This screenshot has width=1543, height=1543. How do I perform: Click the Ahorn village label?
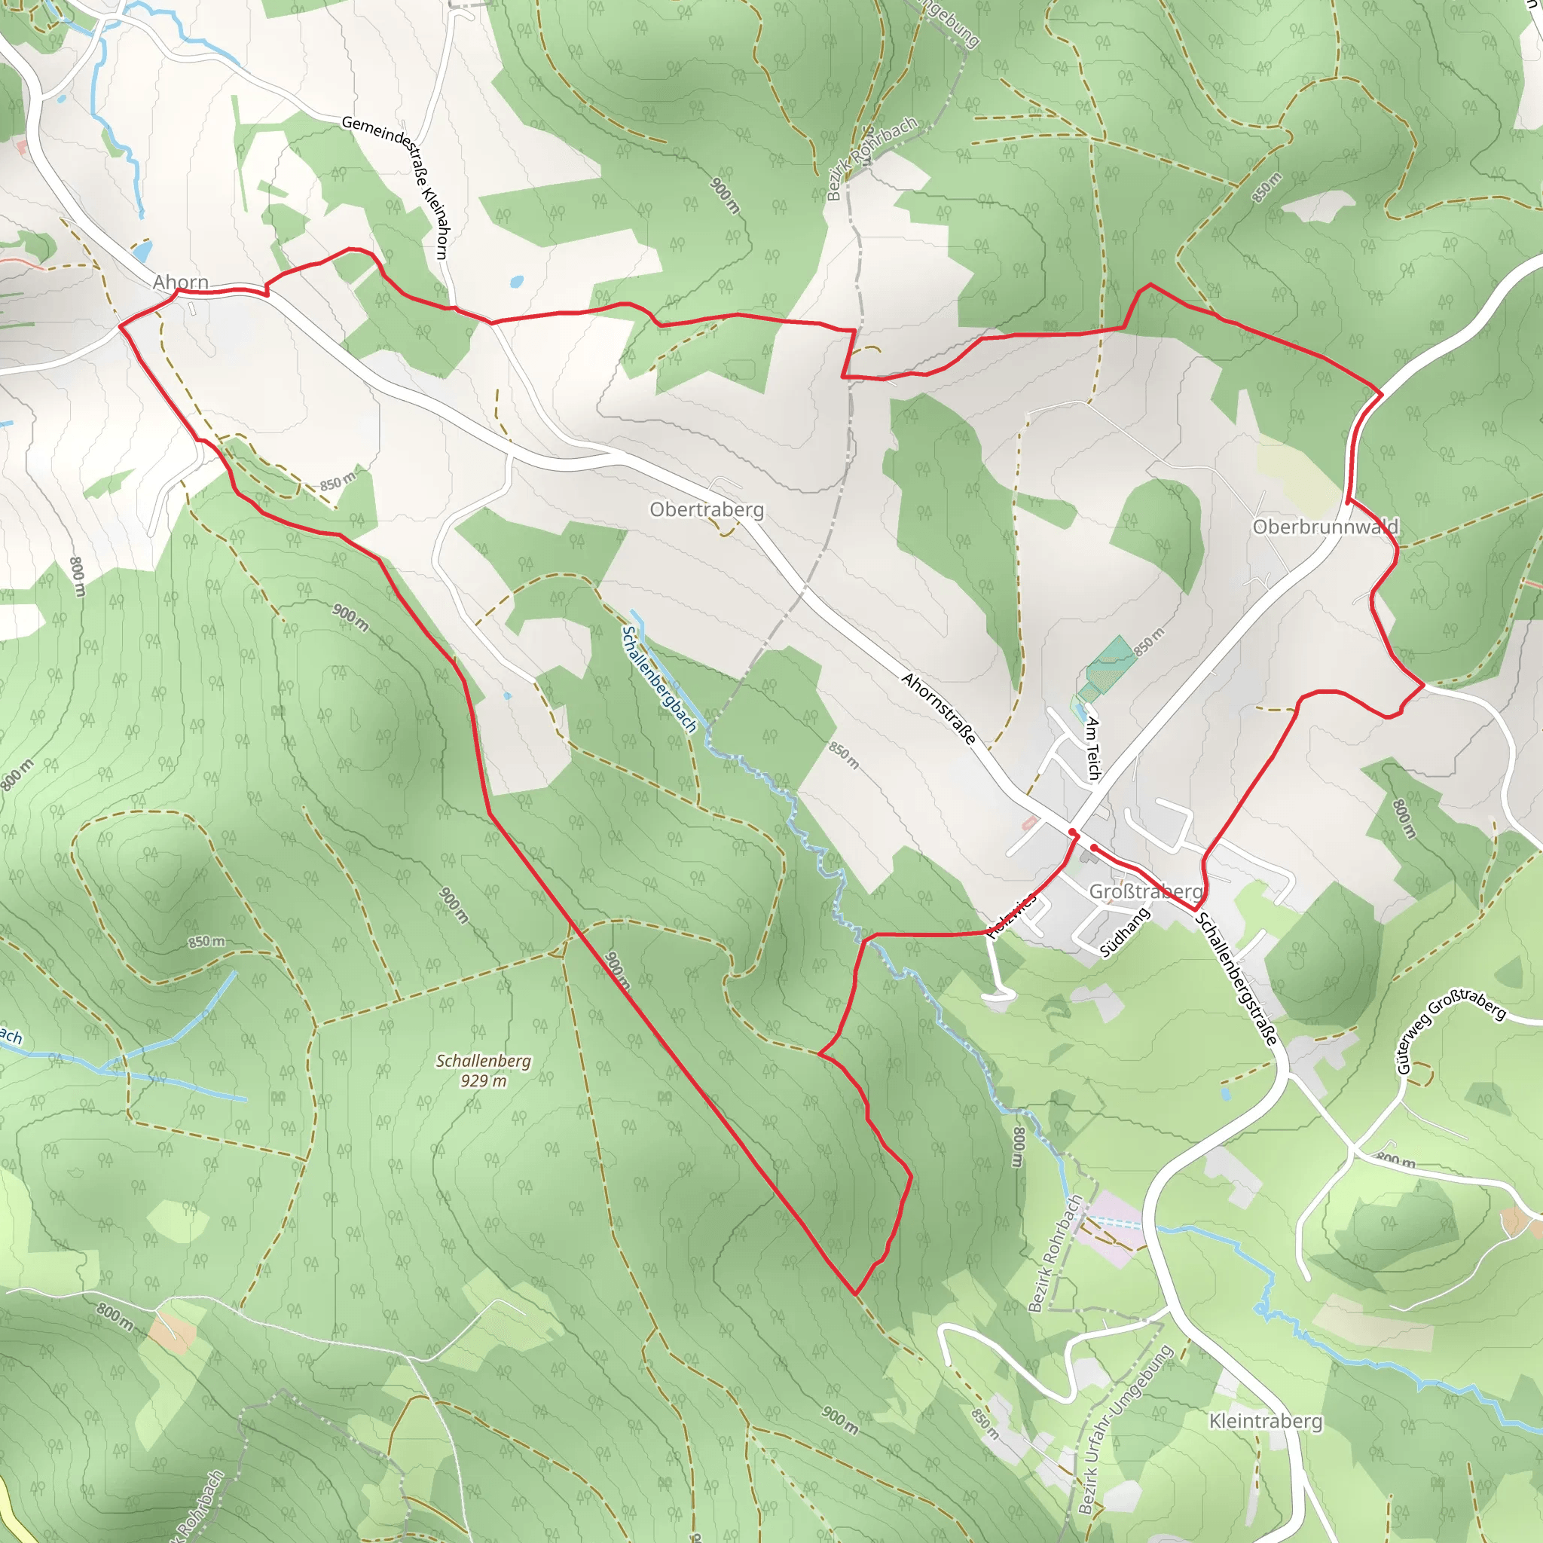(x=181, y=282)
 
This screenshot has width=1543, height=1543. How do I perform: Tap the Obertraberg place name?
(x=706, y=509)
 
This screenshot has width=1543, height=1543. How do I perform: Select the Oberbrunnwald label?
(x=1325, y=527)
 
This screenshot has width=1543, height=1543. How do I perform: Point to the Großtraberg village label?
(x=1145, y=891)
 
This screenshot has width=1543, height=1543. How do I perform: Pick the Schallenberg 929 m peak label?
(x=483, y=1070)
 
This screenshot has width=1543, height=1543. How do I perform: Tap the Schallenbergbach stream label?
(x=659, y=679)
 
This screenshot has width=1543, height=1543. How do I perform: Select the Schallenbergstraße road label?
(x=1236, y=979)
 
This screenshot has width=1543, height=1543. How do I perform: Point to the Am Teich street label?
(x=1093, y=748)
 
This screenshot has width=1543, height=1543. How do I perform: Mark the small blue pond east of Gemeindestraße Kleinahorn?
(x=516, y=282)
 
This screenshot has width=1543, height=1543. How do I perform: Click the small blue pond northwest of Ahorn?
(x=142, y=252)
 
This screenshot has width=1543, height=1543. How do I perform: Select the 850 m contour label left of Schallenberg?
(x=206, y=943)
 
